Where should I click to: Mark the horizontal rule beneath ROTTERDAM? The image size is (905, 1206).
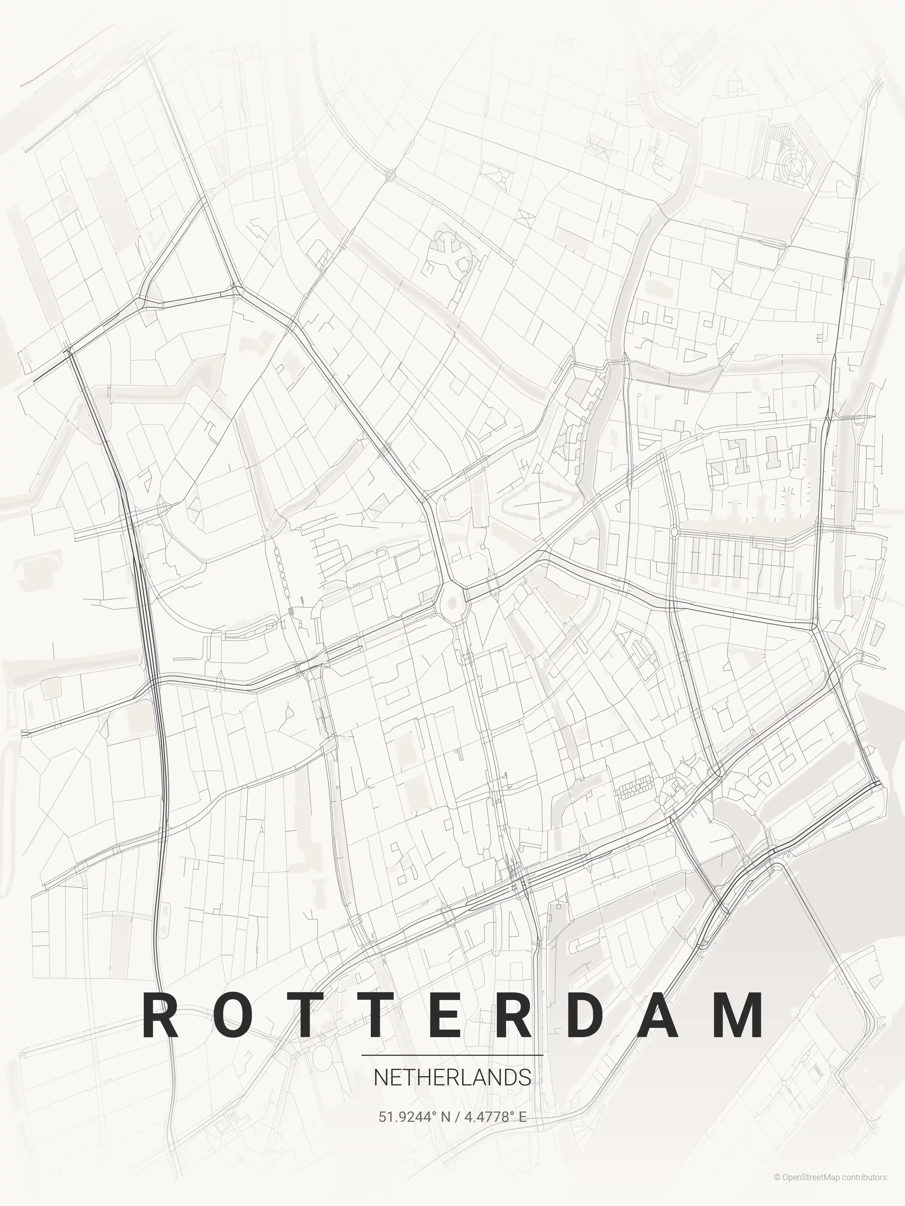pos(452,1056)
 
